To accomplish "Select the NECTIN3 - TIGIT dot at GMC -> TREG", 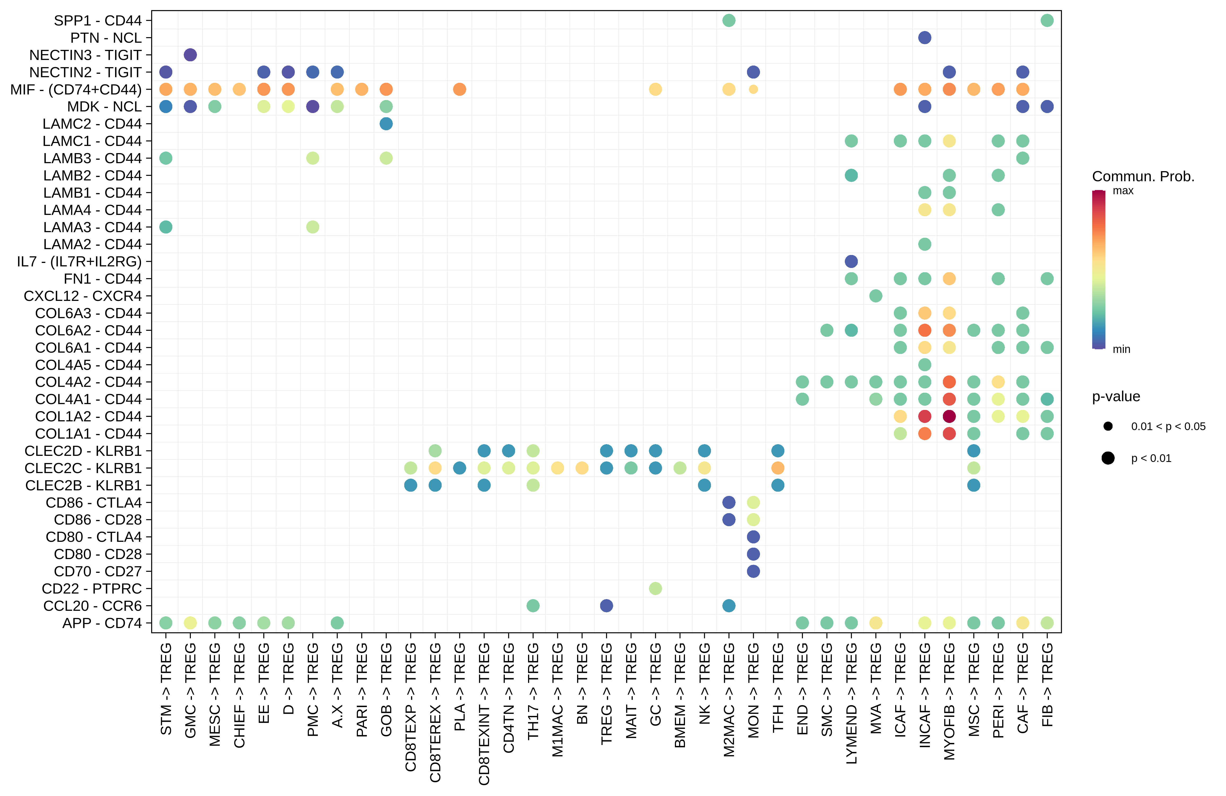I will [190, 55].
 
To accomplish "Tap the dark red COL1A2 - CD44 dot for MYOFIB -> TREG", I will [949, 416].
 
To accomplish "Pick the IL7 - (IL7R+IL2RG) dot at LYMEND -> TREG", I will [851, 261].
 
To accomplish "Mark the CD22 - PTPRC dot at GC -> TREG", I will [655, 588].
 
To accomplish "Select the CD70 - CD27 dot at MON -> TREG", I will [753, 571].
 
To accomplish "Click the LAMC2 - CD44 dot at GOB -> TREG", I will [386, 124].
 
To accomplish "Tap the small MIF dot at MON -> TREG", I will [753, 89].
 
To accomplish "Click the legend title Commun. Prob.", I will [1142, 177].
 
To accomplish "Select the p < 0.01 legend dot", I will [1108, 458].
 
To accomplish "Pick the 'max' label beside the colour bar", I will [1123, 191].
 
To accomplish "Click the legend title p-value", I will [1116, 396].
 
